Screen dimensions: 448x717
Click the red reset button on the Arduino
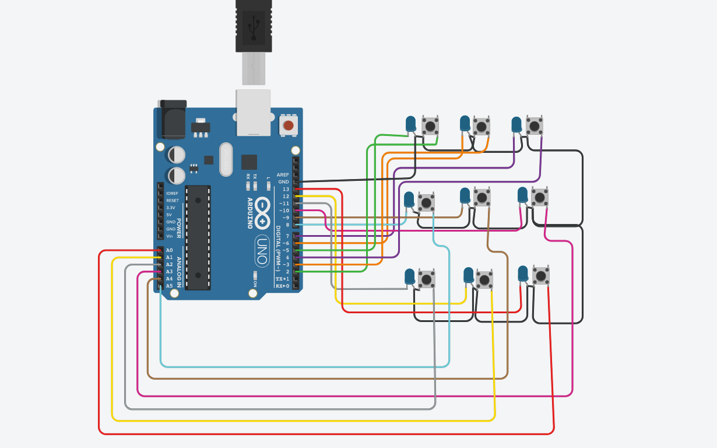(x=288, y=125)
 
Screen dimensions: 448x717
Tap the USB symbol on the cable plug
(x=254, y=26)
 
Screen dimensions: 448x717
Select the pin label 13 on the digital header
(x=286, y=189)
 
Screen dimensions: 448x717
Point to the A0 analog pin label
(x=169, y=250)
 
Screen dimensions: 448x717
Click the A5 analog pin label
(x=169, y=286)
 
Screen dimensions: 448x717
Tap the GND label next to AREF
(x=284, y=182)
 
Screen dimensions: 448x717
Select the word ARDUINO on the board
(x=251, y=213)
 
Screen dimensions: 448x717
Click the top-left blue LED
(x=411, y=124)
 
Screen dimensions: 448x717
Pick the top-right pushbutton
(x=534, y=125)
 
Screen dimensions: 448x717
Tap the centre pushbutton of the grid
(x=481, y=197)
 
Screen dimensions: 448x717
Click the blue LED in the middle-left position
(x=409, y=199)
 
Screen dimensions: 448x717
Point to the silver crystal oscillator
(x=226, y=159)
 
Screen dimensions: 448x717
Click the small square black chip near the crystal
(x=249, y=162)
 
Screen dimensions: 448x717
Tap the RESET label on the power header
(x=173, y=201)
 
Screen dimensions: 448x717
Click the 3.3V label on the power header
(x=171, y=208)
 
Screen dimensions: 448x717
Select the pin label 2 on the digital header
(x=287, y=272)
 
